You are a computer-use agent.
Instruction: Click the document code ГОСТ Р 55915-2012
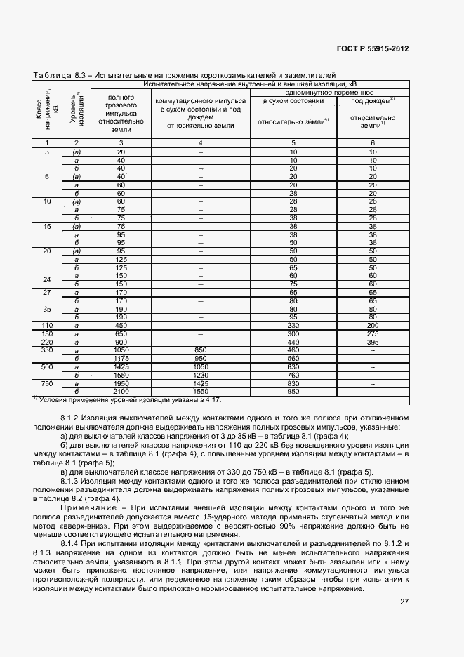point(373,48)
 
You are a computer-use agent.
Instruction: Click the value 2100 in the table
point(121,391)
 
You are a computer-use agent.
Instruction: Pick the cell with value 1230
point(200,376)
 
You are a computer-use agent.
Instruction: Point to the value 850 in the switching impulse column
point(200,350)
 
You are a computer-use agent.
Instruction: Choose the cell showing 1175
point(121,358)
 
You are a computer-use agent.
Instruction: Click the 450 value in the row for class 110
point(121,324)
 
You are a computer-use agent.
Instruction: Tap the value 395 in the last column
point(373,341)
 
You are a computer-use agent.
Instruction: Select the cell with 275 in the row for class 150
point(373,333)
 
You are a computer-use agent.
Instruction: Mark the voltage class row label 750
point(48,383)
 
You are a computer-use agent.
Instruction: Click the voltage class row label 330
point(48,350)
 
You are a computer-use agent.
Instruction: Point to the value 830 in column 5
point(293,383)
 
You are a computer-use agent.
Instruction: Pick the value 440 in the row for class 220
point(293,341)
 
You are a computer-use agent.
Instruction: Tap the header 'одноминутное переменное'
point(329,92)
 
